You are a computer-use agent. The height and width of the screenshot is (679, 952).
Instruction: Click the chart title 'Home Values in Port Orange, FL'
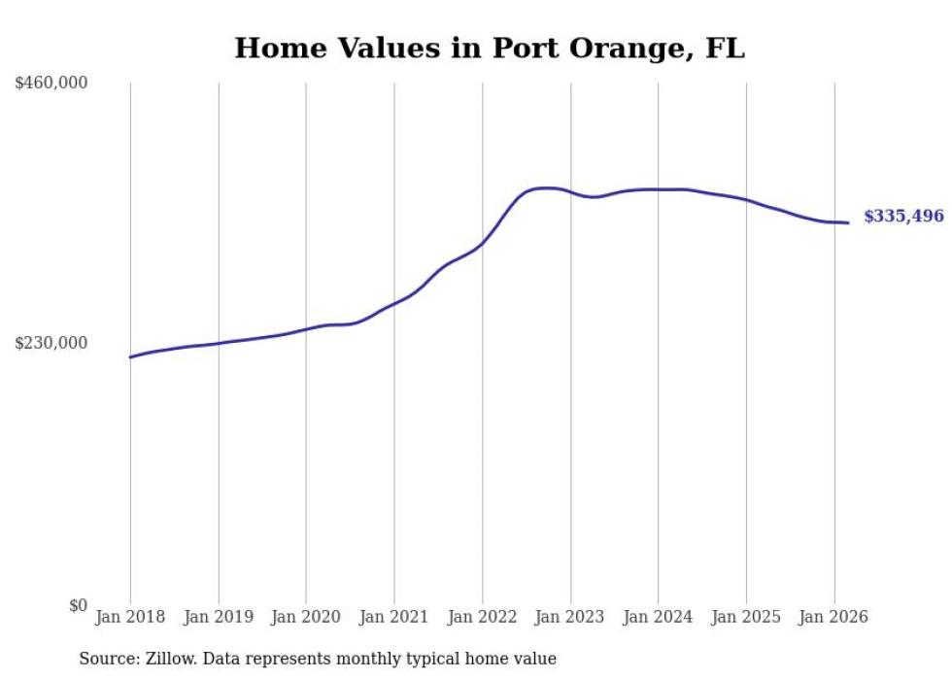490,49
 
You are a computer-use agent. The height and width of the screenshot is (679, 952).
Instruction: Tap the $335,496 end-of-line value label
903,217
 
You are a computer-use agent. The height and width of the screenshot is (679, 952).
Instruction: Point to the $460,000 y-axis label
51,84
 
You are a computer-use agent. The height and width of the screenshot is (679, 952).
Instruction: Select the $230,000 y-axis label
51,343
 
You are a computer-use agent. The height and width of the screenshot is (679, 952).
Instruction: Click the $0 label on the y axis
78,605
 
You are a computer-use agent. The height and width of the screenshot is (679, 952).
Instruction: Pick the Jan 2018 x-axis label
130,617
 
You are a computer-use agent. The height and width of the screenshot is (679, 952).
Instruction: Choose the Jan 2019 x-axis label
219,617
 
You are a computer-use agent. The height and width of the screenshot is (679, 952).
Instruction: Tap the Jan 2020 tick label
306,617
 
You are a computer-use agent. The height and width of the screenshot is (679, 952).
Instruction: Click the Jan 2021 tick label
394,617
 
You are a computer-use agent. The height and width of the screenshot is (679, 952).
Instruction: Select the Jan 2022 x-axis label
482,617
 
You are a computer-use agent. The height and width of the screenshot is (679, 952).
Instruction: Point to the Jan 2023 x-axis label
570,617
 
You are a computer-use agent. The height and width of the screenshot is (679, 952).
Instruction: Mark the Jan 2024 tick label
658,617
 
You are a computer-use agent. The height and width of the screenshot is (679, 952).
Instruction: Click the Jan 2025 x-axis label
746,617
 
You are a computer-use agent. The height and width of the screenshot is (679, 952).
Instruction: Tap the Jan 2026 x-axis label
833,617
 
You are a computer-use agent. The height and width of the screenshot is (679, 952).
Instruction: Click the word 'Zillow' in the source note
167,660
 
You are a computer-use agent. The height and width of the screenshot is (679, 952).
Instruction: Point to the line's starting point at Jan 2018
130,357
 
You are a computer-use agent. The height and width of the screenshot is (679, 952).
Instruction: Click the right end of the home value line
849,223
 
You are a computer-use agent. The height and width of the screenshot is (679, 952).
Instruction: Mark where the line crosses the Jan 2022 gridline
482,243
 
